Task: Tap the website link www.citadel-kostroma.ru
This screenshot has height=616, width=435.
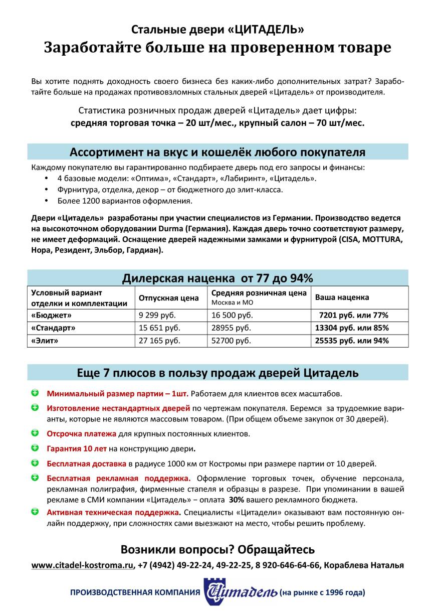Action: coord(83,565)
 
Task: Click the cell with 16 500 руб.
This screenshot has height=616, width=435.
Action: coord(232,316)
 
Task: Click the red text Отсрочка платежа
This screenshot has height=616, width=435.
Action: coord(81,433)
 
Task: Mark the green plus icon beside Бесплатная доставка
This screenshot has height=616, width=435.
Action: coord(35,463)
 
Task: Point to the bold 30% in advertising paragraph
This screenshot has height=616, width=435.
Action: coord(237,500)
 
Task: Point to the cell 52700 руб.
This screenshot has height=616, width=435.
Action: coord(231,341)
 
